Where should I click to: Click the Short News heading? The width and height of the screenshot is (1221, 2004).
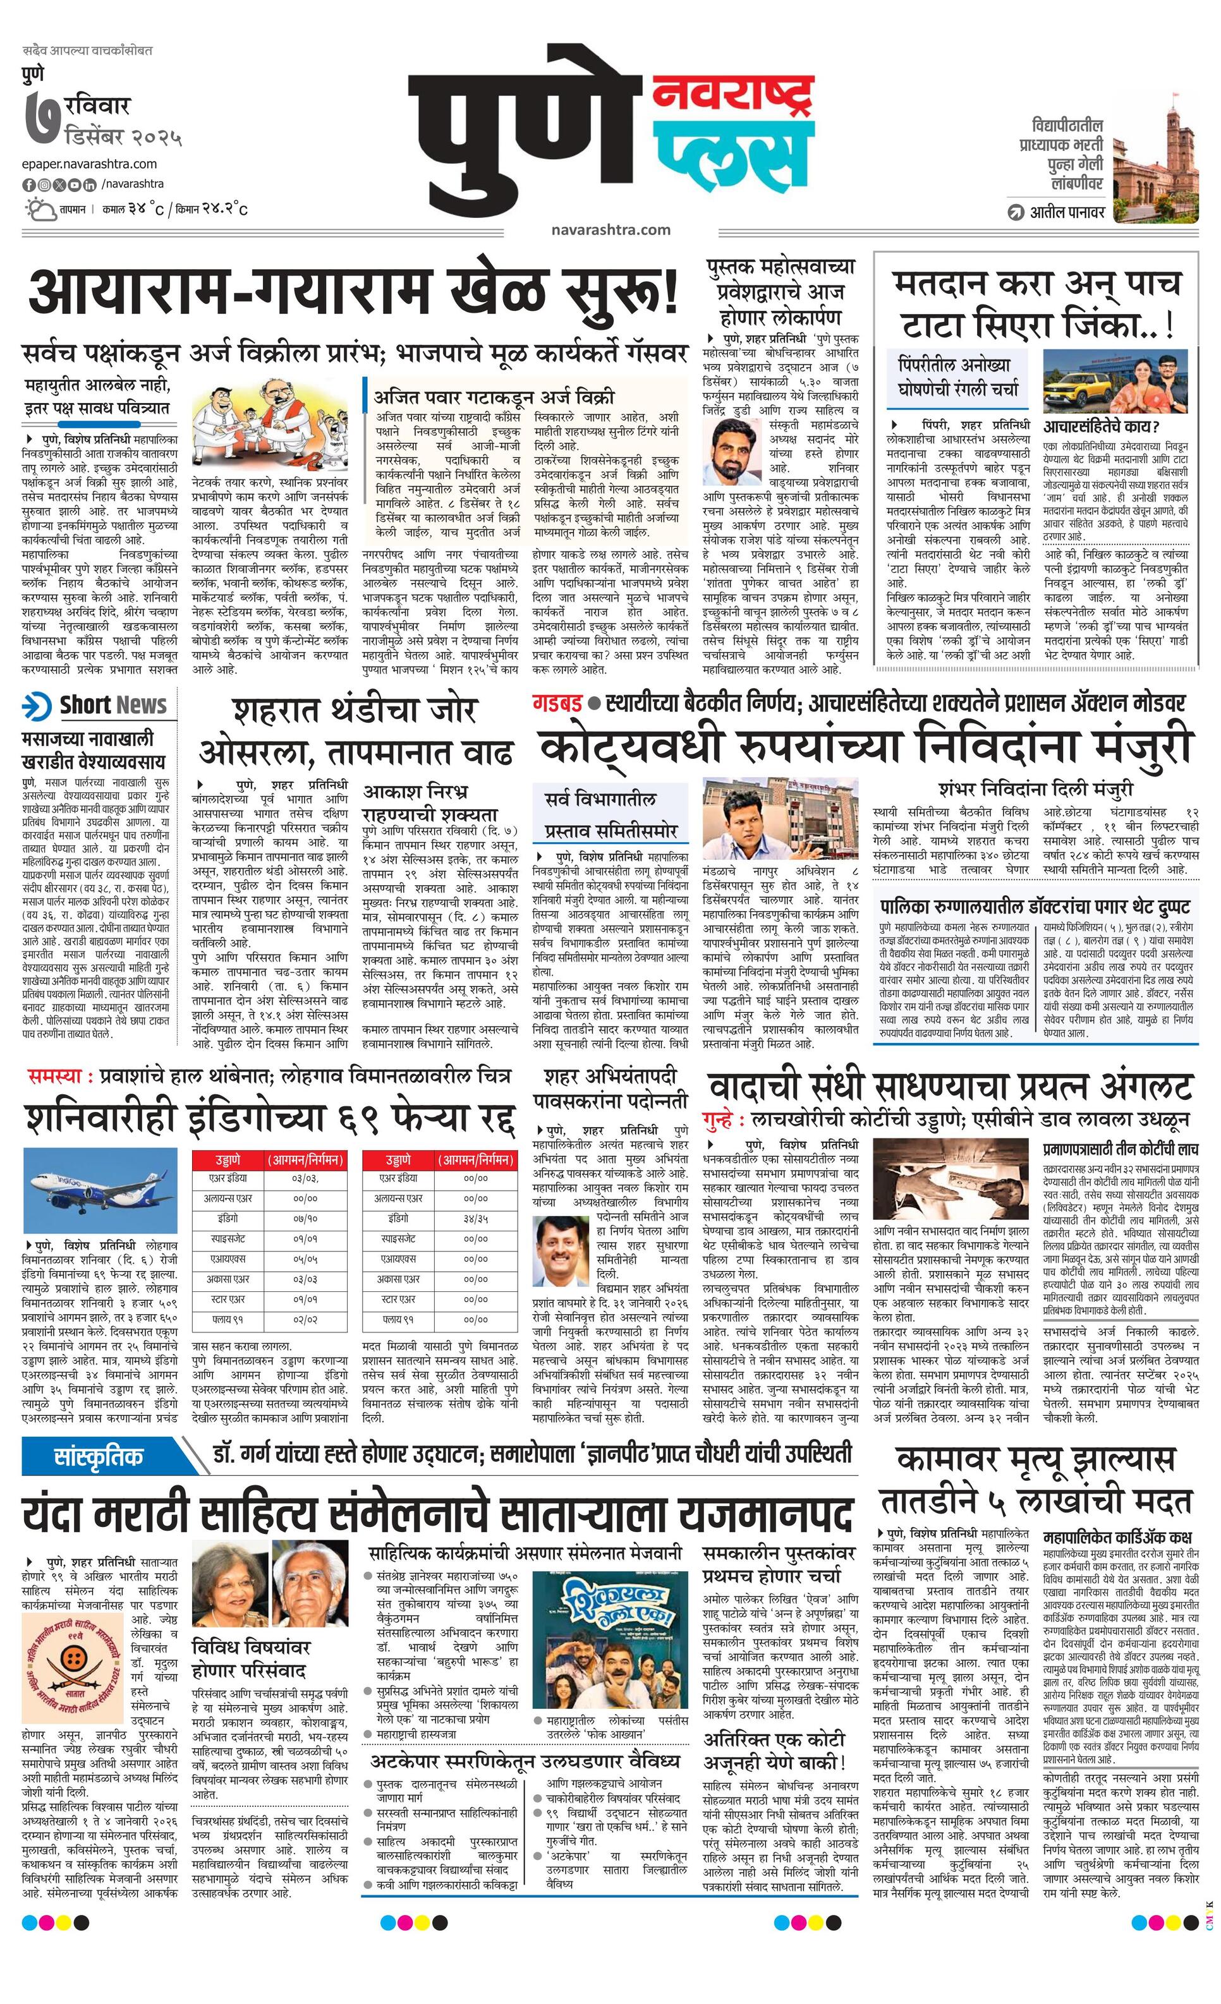pyautogui.click(x=112, y=705)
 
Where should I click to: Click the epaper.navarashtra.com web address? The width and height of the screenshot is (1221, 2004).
pyautogui.click(x=90, y=164)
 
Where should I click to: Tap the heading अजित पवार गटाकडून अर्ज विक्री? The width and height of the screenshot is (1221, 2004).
pyautogui.click(x=494, y=398)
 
